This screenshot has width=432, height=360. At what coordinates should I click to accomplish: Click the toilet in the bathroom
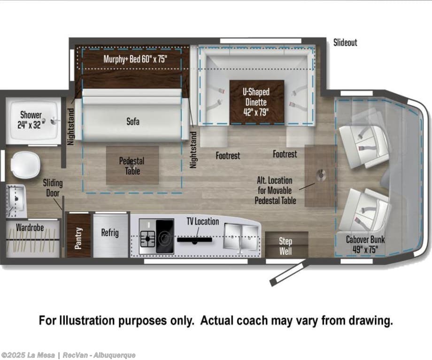coord(25,165)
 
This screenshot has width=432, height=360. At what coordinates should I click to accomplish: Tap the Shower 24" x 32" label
coord(31,120)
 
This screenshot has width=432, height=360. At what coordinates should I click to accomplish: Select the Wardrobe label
coord(30,228)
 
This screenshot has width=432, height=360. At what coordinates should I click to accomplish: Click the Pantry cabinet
coord(79,236)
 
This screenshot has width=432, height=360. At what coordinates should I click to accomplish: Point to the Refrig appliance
coord(111,236)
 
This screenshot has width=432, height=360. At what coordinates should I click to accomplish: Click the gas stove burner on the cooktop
coord(148,237)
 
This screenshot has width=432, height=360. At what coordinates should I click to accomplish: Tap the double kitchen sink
coord(241,237)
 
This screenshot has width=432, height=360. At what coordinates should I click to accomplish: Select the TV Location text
coord(203,221)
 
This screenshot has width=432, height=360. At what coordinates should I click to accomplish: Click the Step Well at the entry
coord(286,245)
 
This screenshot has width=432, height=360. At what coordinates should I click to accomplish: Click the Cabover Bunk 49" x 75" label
coord(365,245)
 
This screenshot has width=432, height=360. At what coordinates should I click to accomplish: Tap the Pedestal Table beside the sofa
coord(132,165)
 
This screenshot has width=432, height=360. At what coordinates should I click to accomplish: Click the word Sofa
coord(133,122)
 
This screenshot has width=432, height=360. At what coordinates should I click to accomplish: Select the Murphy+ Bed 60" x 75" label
coord(135,59)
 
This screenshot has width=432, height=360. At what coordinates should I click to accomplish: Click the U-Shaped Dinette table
coord(257,102)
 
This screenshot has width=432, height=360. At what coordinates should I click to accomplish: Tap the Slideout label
coord(345,42)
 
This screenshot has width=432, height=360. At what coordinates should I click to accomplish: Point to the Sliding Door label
coord(53,188)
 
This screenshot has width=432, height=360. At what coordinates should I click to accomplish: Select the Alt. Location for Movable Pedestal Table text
coord(275,191)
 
